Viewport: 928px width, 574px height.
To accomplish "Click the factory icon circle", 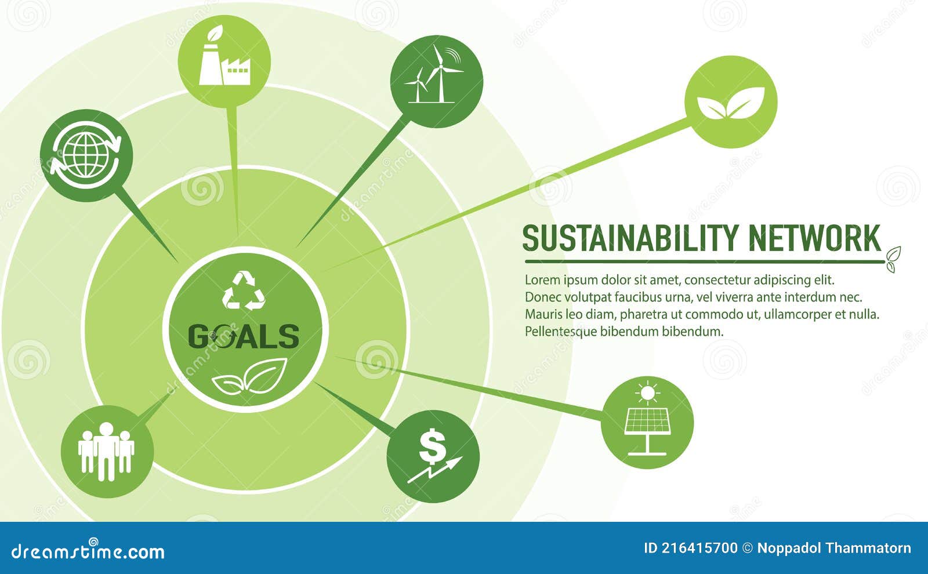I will pos(224,61).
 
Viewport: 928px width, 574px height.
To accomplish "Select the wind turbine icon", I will pos(436,81).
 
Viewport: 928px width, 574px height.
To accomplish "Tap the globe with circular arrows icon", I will pos(86,155).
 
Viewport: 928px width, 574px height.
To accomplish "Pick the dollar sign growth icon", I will pos(433,456).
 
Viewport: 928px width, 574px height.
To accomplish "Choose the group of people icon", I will pos(107,452).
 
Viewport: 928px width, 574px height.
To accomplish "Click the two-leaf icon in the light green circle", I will pos(731,102).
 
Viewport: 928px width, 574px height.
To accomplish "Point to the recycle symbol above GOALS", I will pos(244,290).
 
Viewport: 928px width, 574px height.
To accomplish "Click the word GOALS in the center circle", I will pos(244,336).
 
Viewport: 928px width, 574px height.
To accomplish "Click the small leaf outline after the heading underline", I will pos(893,259).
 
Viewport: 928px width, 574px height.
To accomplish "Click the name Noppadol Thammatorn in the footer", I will pos(834,548).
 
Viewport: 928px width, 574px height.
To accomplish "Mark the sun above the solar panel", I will pos(647,393).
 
